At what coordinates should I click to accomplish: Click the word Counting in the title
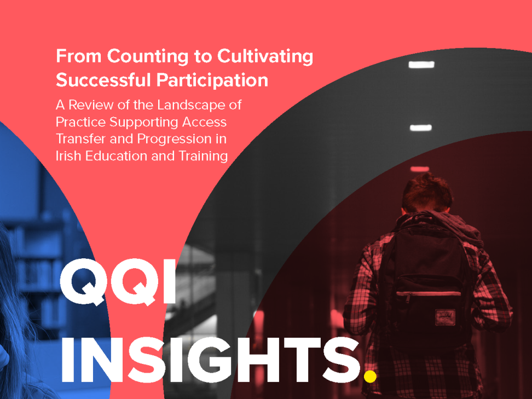click(x=148, y=57)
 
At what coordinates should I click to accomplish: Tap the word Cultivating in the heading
click(x=265, y=57)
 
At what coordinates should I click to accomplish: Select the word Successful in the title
click(x=103, y=80)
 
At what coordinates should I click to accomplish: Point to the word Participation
click(x=212, y=80)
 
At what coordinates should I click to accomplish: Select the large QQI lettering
click(x=118, y=282)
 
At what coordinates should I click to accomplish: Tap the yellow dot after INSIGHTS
click(x=370, y=376)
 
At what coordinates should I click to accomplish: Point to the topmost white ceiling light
click(x=421, y=65)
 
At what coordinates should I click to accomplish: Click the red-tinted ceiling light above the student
click(x=420, y=169)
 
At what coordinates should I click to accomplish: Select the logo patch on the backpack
click(x=445, y=317)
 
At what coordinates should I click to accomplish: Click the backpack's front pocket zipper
click(x=429, y=293)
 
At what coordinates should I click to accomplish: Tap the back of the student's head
click(x=427, y=193)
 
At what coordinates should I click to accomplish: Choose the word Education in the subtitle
click(x=116, y=156)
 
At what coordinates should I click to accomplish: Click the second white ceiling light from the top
click(x=421, y=128)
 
